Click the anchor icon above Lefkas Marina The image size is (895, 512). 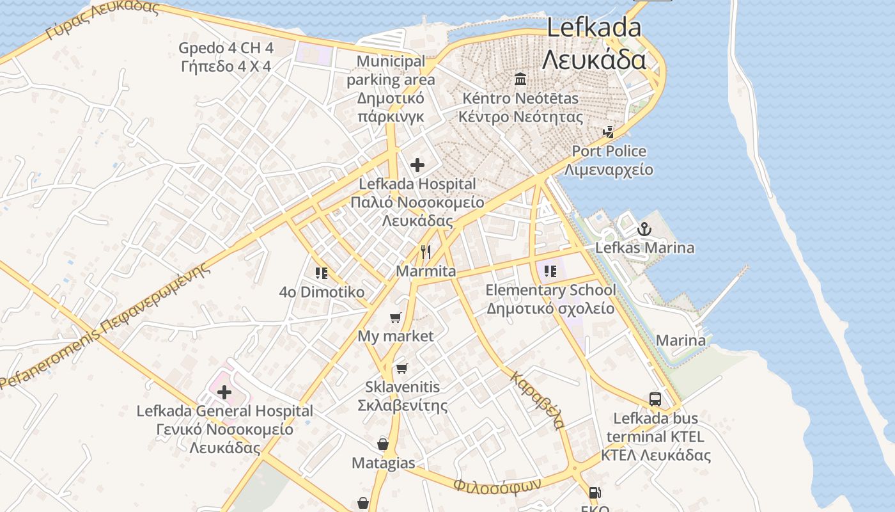[x=644, y=228]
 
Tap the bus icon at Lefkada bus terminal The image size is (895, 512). [x=655, y=399]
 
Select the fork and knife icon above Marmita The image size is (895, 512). [x=426, y=252]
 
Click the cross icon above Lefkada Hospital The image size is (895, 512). [x=417, y=166]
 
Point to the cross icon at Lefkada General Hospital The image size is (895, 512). [x=224, y=392]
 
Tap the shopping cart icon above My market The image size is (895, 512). [x=396, y=317]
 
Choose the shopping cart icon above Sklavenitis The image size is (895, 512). [x=401, y=368]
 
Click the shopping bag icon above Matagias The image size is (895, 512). [x=383, y=444]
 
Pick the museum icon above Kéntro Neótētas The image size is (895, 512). [x=520, y=80]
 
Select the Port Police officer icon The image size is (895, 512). [x=609, y=132]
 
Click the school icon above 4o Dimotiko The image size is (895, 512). [x=322, y=273]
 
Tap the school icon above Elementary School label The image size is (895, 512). [x=550, y=271]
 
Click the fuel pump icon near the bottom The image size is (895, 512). [x=595, y=493]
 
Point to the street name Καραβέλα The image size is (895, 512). [x=537, y=400]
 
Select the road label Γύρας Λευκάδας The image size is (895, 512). [x=102, y=19]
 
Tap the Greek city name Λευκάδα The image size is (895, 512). [x=594, y=60]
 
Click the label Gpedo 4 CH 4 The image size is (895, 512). [x=226, y=48]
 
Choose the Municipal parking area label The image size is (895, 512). [x=391, y=70]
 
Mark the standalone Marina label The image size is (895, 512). [x=681, y=340]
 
